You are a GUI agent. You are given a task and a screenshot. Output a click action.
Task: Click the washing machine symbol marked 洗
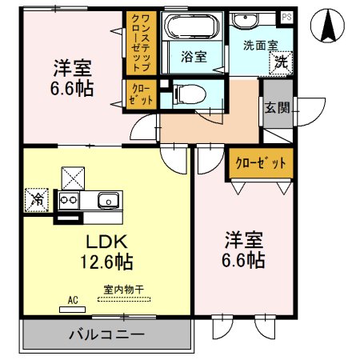coord(282,61)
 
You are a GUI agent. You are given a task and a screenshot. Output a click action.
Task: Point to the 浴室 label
coord(194,58)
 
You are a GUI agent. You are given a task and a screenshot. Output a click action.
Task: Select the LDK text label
coord(104,241)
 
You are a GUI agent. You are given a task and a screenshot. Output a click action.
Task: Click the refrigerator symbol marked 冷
coord(36,198)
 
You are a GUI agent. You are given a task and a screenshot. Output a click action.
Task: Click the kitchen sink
coord(107,200)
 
